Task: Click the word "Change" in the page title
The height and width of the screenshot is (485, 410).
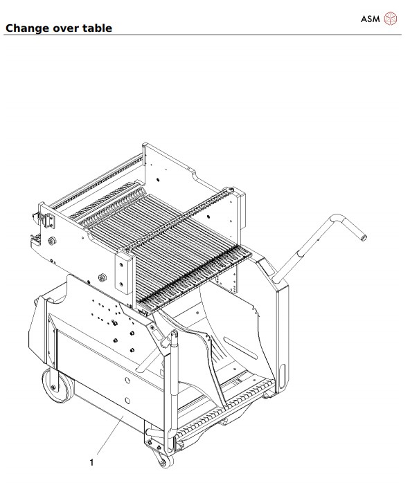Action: (x=27, y=28)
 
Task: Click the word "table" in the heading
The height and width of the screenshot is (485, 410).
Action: (x=97, y=28)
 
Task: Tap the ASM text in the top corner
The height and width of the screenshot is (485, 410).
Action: (x=371, y=19)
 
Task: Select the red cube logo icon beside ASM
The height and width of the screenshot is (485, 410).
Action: (x=391, y=19)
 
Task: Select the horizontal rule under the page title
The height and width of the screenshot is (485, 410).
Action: (x=205, y=35)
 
